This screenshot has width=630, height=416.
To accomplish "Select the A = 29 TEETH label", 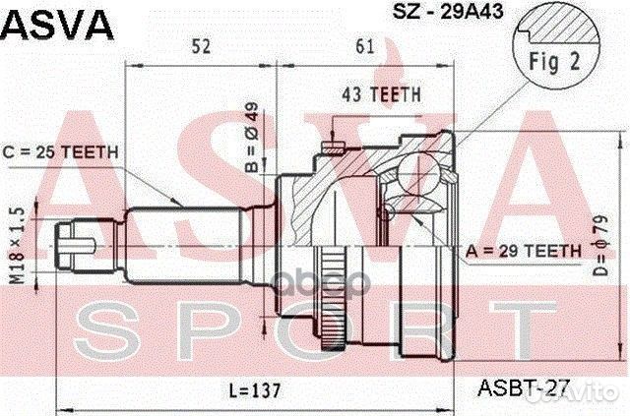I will pos(524,251).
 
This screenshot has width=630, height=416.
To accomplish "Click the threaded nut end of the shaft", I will pos(72,246).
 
